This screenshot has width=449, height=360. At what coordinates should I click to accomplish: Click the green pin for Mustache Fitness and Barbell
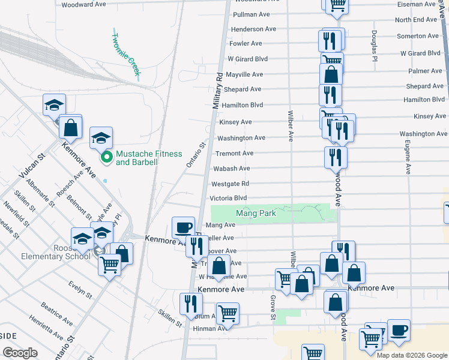(107, 158)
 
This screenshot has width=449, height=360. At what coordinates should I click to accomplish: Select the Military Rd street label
(219, 91)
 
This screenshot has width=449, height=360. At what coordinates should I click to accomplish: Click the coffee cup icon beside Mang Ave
(184, 227)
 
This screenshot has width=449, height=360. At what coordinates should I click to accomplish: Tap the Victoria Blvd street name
(228, 198)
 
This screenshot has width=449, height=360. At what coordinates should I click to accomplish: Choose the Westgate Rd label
(229, 184)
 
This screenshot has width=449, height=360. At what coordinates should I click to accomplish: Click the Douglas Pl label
(374, 46)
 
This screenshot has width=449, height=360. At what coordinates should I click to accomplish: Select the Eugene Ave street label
(408, 155)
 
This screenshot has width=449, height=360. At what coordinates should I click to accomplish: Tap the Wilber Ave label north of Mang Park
(291, 124)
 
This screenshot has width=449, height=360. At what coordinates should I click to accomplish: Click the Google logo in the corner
(20, 352)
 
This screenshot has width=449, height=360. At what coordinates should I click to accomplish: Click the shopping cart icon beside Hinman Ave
(228, 313)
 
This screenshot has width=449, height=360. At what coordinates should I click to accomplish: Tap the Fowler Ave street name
(246, 43)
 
